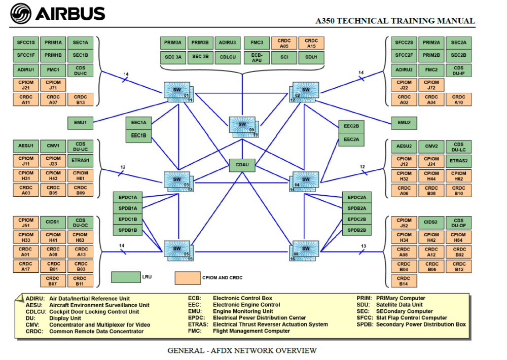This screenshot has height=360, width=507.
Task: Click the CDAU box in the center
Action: tap(242, 165)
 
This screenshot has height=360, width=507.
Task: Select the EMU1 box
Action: tap(80, 123)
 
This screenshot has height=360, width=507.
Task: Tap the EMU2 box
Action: tap(404, 123)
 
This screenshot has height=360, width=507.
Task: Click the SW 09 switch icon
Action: tap(243, 126)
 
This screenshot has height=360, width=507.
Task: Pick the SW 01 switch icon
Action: tap(178, 92)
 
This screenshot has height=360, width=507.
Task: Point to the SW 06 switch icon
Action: tap(304, 250)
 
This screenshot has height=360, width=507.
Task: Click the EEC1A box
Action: tap(138, 123)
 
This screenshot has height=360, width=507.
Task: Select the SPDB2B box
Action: tap(356, 230)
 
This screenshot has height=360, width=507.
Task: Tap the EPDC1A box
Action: tap(128, 197)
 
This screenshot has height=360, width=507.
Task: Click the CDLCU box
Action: tap(228, 57)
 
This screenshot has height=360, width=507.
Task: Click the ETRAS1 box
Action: tap(80, 160)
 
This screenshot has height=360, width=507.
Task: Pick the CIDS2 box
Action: tap(431, 223)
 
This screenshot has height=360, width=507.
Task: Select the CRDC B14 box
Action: tap(404, 281)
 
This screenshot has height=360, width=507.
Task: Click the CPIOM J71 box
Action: tap(53, 85)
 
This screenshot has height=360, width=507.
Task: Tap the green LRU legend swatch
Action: tap(126, 277)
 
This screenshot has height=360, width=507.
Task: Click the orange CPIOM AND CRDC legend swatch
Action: tap(188, 278)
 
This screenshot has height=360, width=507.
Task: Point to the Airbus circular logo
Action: tap(21, 14)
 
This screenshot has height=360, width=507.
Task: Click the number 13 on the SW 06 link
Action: tap(364, 246)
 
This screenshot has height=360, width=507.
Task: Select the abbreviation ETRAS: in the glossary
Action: tap(198, 325)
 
